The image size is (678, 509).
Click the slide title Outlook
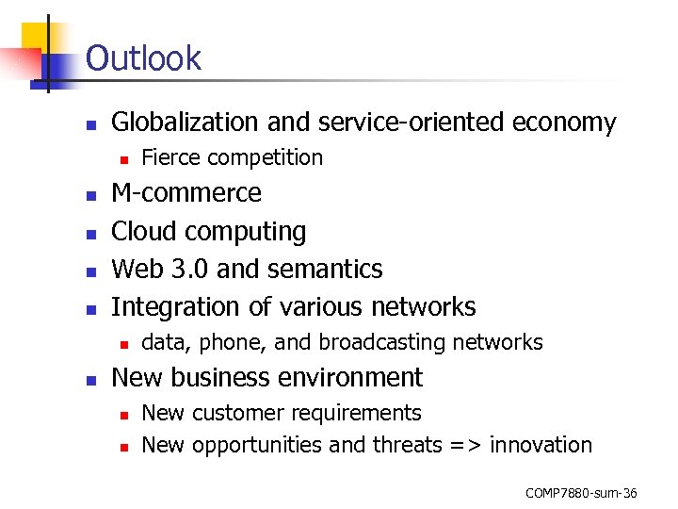tap(143, 58)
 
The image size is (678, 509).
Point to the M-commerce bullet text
tap(186, 193)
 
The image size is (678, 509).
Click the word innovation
tap(541, 445)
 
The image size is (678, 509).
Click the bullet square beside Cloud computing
tap(91, 233)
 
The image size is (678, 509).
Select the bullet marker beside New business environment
tap(91, 379)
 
